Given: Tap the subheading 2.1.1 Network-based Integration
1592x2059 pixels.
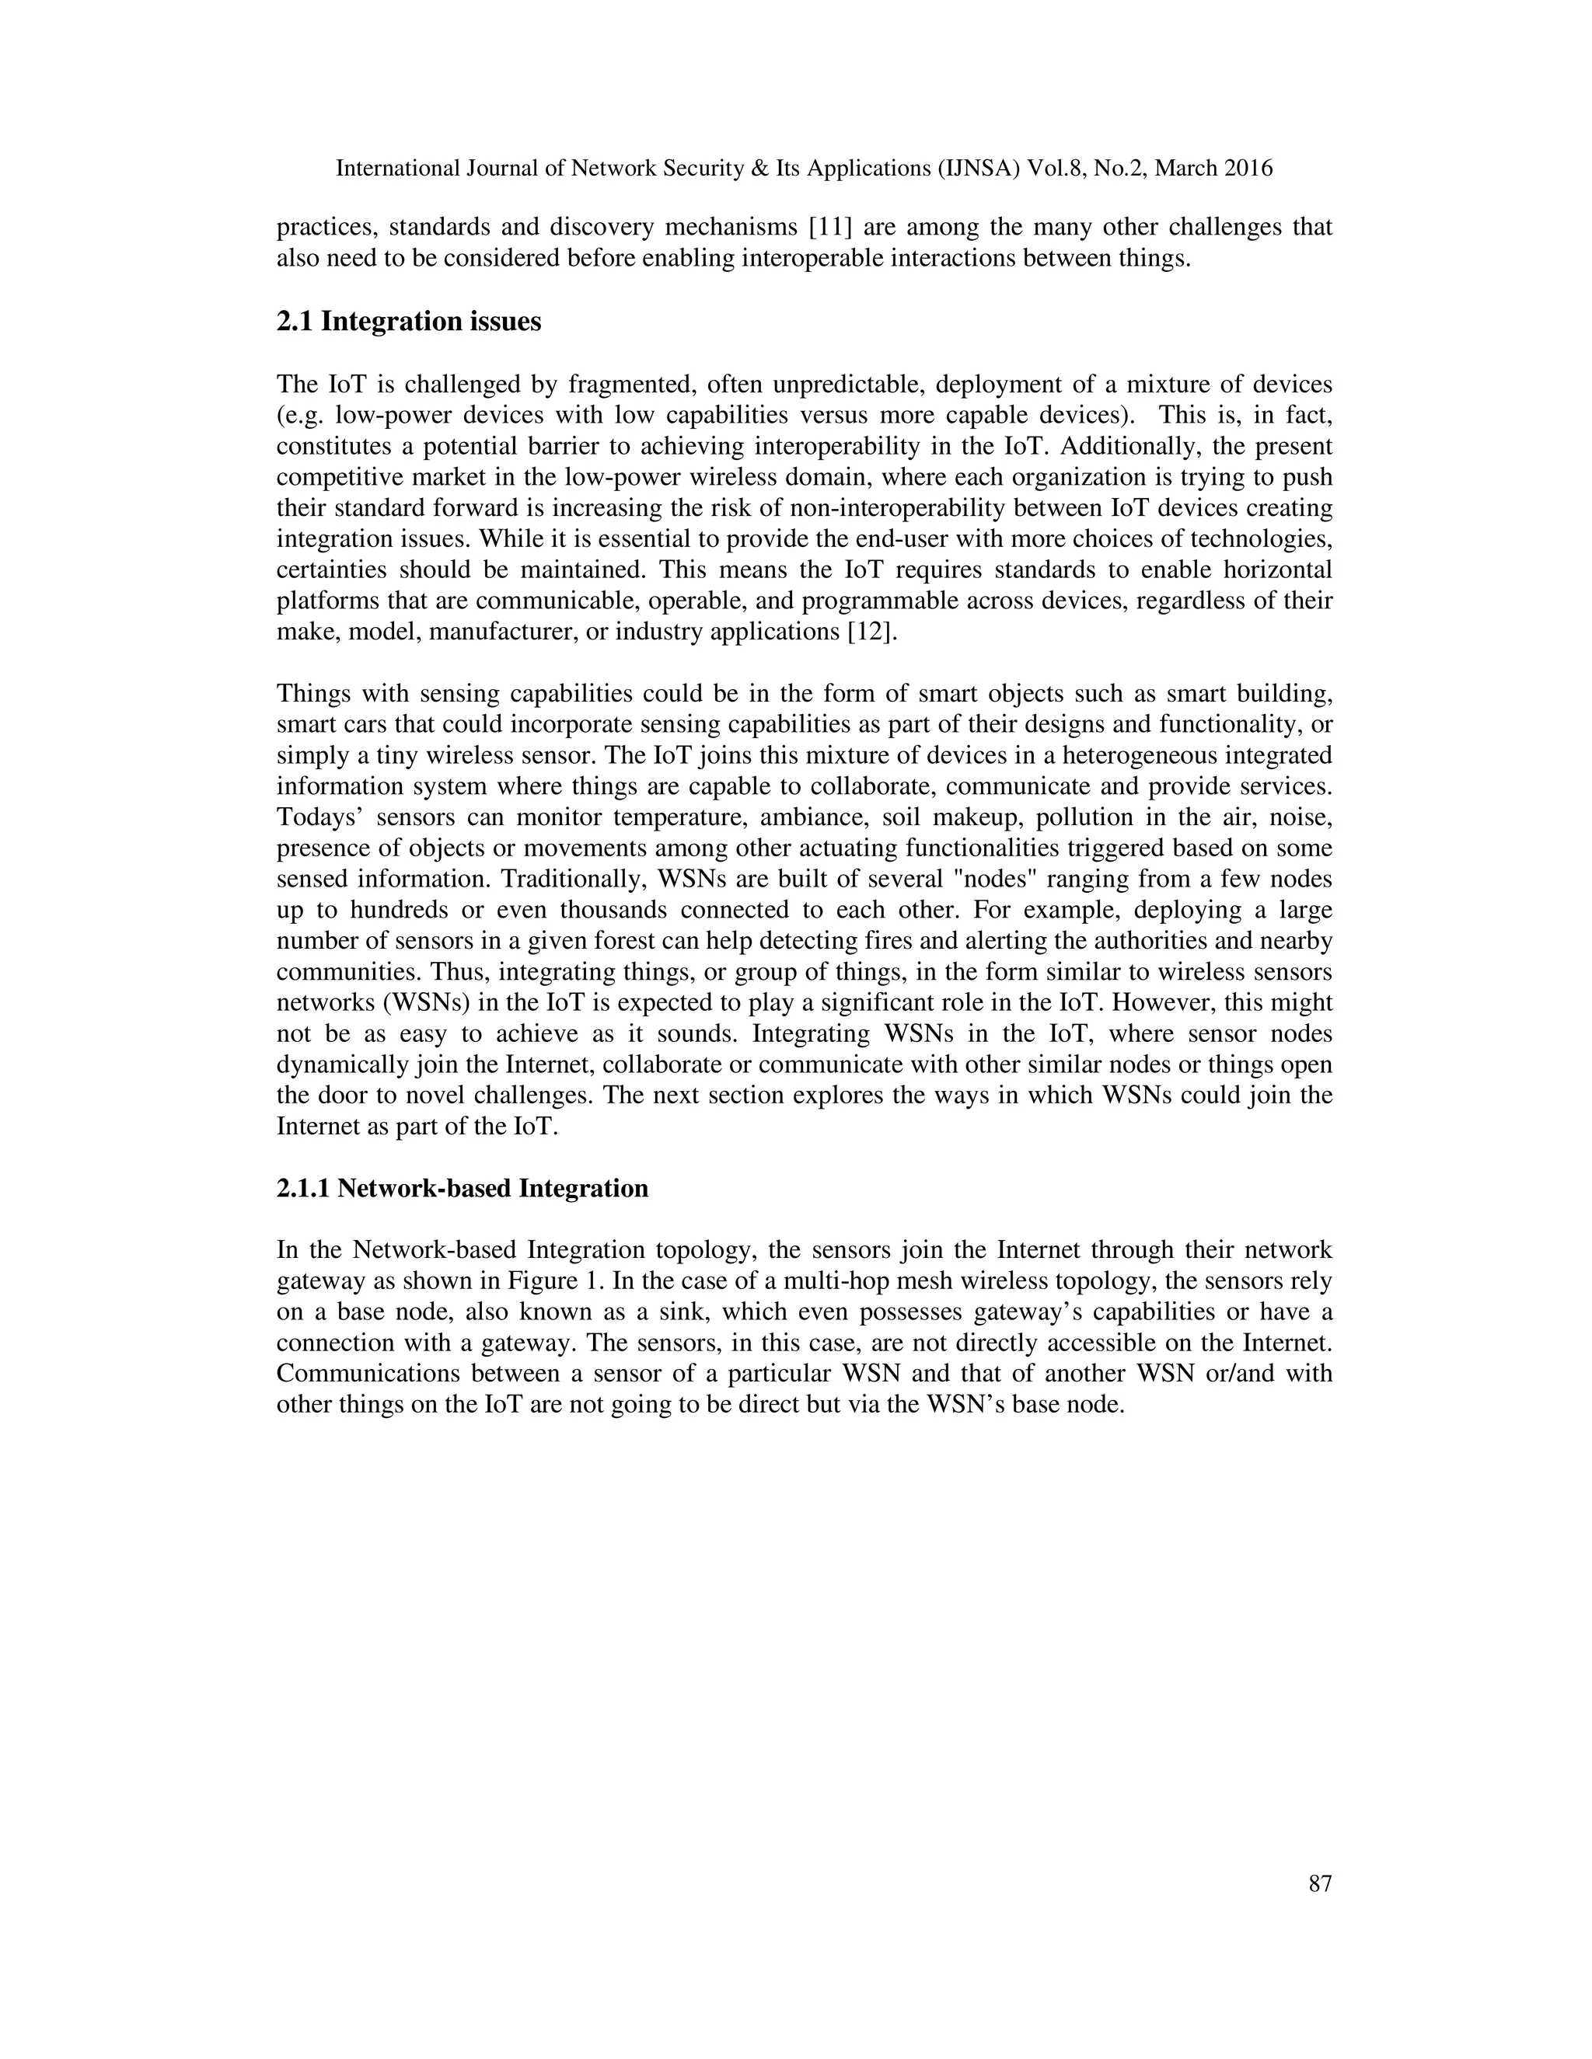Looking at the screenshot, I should click(463, 1188).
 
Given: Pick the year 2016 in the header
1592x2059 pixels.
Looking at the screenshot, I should click(1248, 169).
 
